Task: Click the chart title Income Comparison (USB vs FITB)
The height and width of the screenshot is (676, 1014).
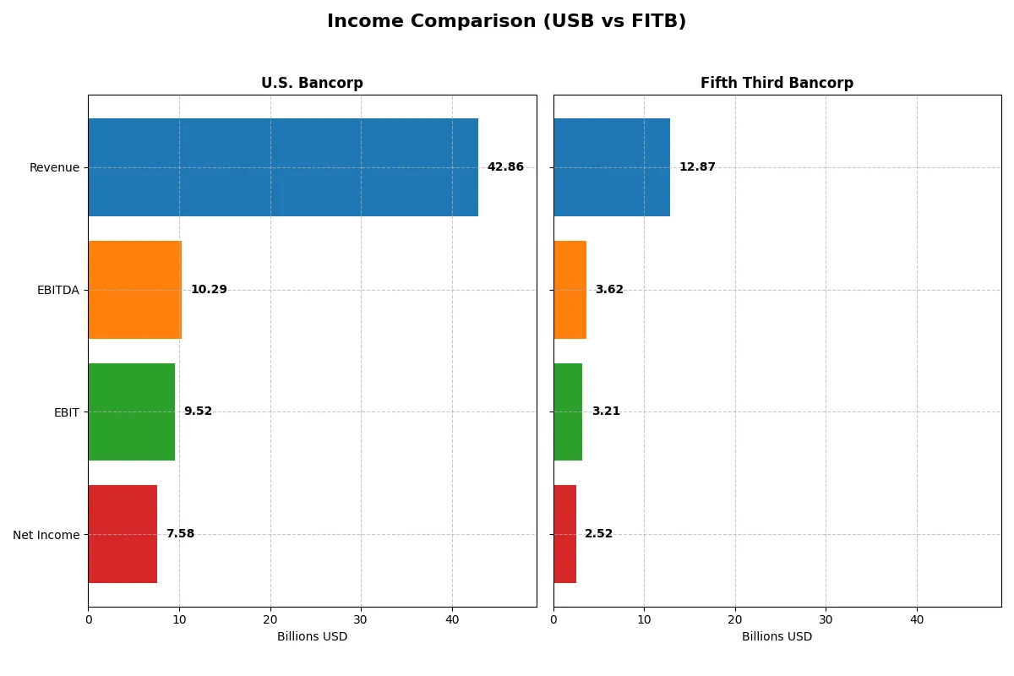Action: pyautogui.click(x=506, y=22)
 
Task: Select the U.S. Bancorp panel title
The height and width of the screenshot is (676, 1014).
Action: pyautogui.click(x=312, y=83)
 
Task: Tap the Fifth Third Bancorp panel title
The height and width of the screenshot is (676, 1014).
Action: pyautogui.click(x=777, y=83)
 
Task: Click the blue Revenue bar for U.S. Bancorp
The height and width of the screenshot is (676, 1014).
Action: pyautogui.click(x=283, y=167)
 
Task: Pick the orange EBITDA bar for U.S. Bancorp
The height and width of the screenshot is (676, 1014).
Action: pyautogui.click(x=134, y=290)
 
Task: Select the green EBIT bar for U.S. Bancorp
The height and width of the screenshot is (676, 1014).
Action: pyautogui.click(x=131, y=412)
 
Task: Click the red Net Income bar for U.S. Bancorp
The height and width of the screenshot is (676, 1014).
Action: pyautogui.click(x=123, y=534)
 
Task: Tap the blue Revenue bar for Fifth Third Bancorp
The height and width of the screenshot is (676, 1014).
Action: pyautogui.click(x=612, y=167)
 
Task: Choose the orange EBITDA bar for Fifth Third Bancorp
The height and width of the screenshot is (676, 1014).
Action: pyautogui.click(x=570, y=290)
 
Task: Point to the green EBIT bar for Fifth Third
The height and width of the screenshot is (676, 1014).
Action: pyautogui.click(x=568, y=412)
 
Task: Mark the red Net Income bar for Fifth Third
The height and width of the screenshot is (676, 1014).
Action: pyautogui.click(x=564, y=534)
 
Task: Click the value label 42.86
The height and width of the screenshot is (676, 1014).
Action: pyautogui.click(x=505, y=167)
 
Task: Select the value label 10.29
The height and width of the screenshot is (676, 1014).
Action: pyautogui.click(x=209, y=290)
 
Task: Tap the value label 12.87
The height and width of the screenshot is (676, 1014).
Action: pyautogui.click(x=697, y=167)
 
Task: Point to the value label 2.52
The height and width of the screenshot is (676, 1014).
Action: pyautogui.click(x=599, y=534)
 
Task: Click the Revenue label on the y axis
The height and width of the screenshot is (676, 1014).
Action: pyautogui.click(x=54, y=167)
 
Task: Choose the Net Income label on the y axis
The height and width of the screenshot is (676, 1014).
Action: pyautogui.click(x=46, y=535)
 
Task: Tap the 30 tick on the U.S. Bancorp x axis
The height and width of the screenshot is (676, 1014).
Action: pyautogui.click(x=361, y=619)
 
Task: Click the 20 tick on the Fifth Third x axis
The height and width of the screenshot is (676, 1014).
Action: pyautogui.click(x=735, y=619)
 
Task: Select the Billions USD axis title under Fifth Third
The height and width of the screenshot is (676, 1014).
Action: pyautogui.click(x=777, y=637)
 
